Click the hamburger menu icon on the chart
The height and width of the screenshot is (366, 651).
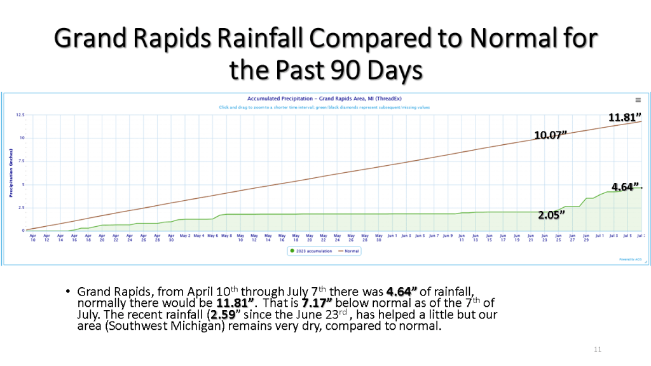tap(638, 100)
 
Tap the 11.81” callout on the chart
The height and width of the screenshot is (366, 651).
tap(624, 117)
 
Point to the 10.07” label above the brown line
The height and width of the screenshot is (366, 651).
tap(549, 135)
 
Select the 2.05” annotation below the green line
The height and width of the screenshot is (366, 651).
tap(551, 215)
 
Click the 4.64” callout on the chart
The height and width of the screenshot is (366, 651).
tap(626, 187)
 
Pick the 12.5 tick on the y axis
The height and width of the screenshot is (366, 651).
tap(20, 115)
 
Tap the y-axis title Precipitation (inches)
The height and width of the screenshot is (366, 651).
tap(11, 173)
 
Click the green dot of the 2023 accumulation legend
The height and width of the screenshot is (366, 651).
tap(292, 251)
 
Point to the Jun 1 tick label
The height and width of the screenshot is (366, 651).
tap(393, 236)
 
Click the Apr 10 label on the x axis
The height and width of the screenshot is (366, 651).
tap(32, 238)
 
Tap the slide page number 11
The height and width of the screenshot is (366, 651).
tap(597, 349)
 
